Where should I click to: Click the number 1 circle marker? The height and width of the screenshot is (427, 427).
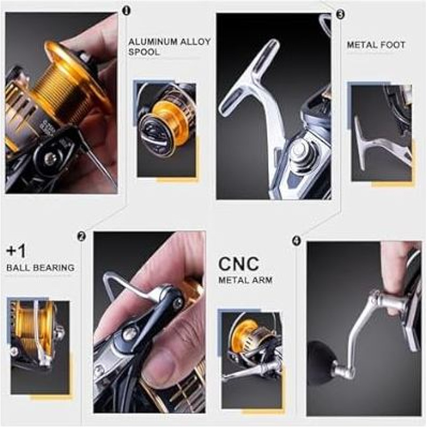pos(126,11)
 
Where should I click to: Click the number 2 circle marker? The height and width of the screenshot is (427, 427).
pos(81,236)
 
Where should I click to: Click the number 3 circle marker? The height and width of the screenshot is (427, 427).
pos(340,14)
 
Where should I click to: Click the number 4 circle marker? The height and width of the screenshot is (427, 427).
pos(297,241)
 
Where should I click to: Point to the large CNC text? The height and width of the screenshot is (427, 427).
pos(239,263)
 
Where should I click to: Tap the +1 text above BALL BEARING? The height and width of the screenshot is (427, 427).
pos(17,251)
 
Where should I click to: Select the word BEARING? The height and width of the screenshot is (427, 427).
pos(57,267)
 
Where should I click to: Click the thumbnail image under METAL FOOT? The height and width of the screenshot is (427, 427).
pos(381,133)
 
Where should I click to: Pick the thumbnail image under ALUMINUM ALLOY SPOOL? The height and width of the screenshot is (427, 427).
pos(167,130)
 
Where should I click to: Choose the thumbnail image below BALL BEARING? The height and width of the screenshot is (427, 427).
pos(39,347)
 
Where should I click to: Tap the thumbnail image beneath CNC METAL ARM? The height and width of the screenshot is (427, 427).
pos(251,360)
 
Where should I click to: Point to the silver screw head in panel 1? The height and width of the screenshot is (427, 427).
pos(50,156)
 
